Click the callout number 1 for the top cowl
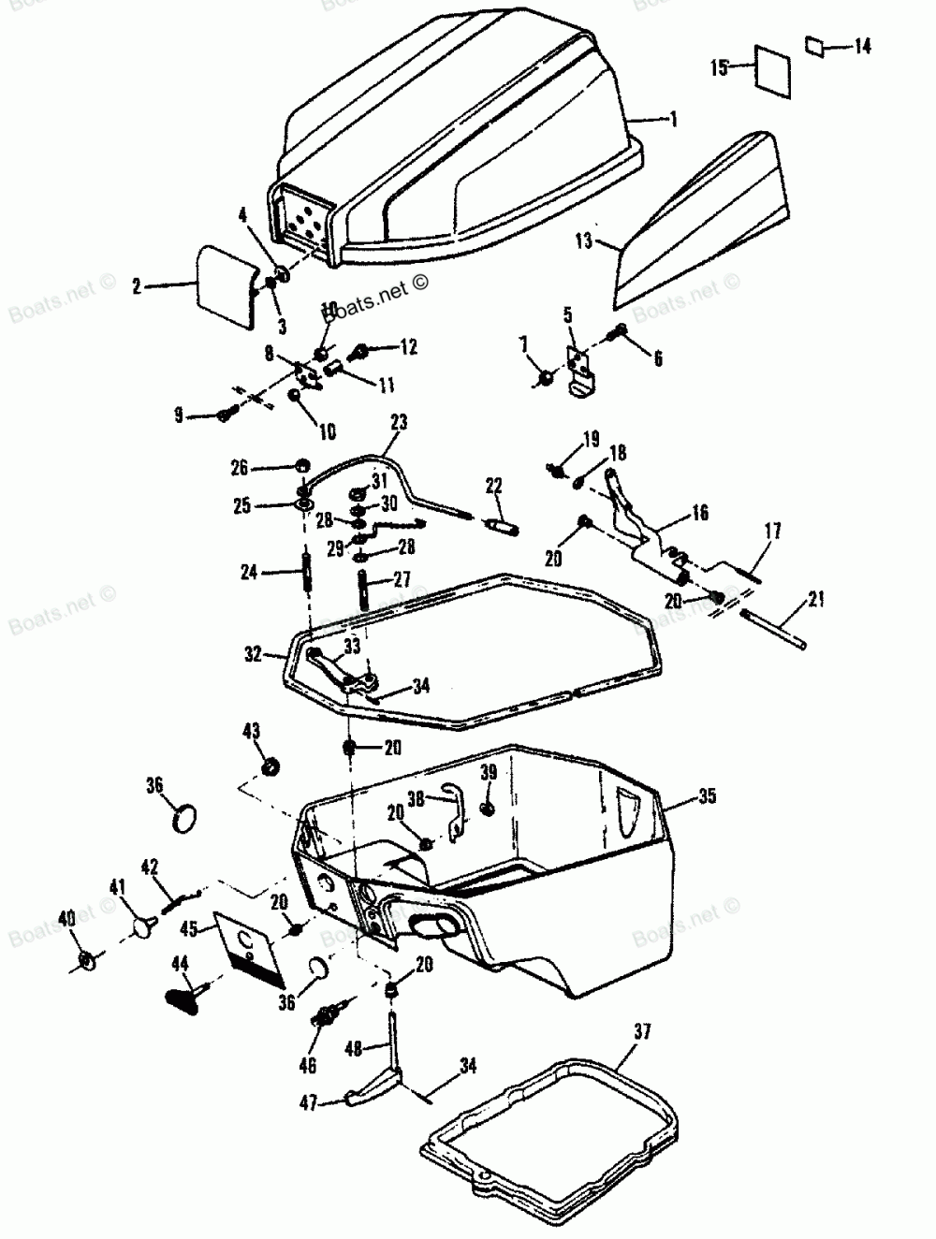672,120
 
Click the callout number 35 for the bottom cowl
707,797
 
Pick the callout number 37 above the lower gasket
642,1032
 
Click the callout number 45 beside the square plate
189,928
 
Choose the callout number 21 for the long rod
816,600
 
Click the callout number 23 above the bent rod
399,422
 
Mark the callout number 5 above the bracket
567,314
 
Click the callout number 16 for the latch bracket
699,513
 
